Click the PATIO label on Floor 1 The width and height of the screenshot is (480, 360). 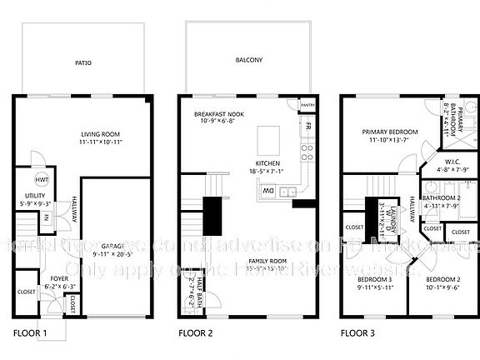tap(83, 62)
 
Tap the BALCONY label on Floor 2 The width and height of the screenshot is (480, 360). tap(249, 60)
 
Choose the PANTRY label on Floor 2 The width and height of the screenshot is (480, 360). tap(306, 105)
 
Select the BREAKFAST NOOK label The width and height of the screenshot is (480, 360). tap(218, 113)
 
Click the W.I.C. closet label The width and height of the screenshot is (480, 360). tap(442, 162)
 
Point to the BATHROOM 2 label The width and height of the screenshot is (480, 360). tap(442, 197)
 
